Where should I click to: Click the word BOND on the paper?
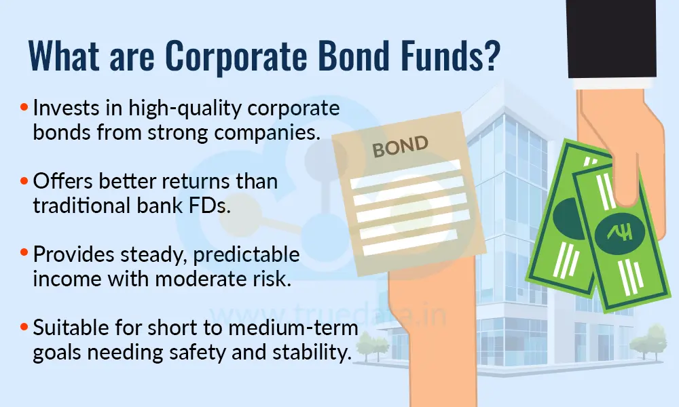[x=401, y=147]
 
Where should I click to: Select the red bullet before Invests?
[x=25, y=108]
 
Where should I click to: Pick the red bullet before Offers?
[x=25, y=182]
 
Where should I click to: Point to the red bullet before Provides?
[x=25, y=255]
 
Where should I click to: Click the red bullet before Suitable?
[x=25, y=328]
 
